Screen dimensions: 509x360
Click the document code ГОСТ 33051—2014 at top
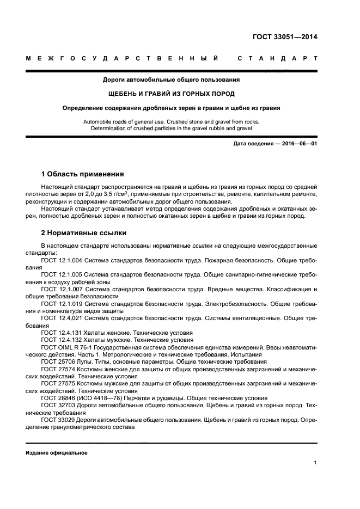click(284, 38)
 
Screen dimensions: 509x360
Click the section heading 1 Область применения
click(82, 175)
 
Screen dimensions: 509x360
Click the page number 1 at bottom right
click(315, 463)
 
